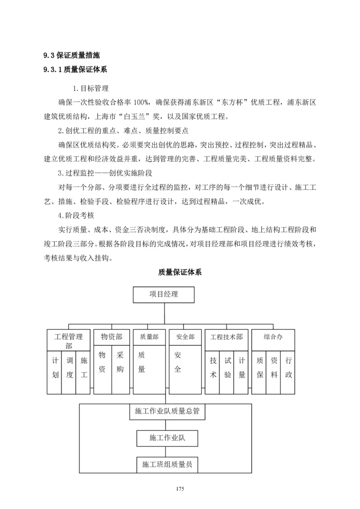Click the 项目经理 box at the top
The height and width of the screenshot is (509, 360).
tap(164, 295)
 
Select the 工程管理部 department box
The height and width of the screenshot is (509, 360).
tap(68, 340)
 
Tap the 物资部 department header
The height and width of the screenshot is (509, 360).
tap(112, 337)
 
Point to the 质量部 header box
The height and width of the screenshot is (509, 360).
tap(149, 337)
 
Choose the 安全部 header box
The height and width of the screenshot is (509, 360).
tap(185, 337)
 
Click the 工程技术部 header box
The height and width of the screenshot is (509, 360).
tap(226, 337)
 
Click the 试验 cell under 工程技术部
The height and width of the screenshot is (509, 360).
tap(228, 368)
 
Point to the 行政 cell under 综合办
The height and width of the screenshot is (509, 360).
tap(288, 368)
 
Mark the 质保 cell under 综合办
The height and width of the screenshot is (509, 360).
tap(260, 368)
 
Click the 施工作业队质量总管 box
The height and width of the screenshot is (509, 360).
tap(166, 411)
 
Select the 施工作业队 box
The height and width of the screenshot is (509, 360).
tap(166, 438)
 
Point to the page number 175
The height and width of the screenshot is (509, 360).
tap(180, 489)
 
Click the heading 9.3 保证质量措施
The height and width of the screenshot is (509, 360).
tap(72, 56)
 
